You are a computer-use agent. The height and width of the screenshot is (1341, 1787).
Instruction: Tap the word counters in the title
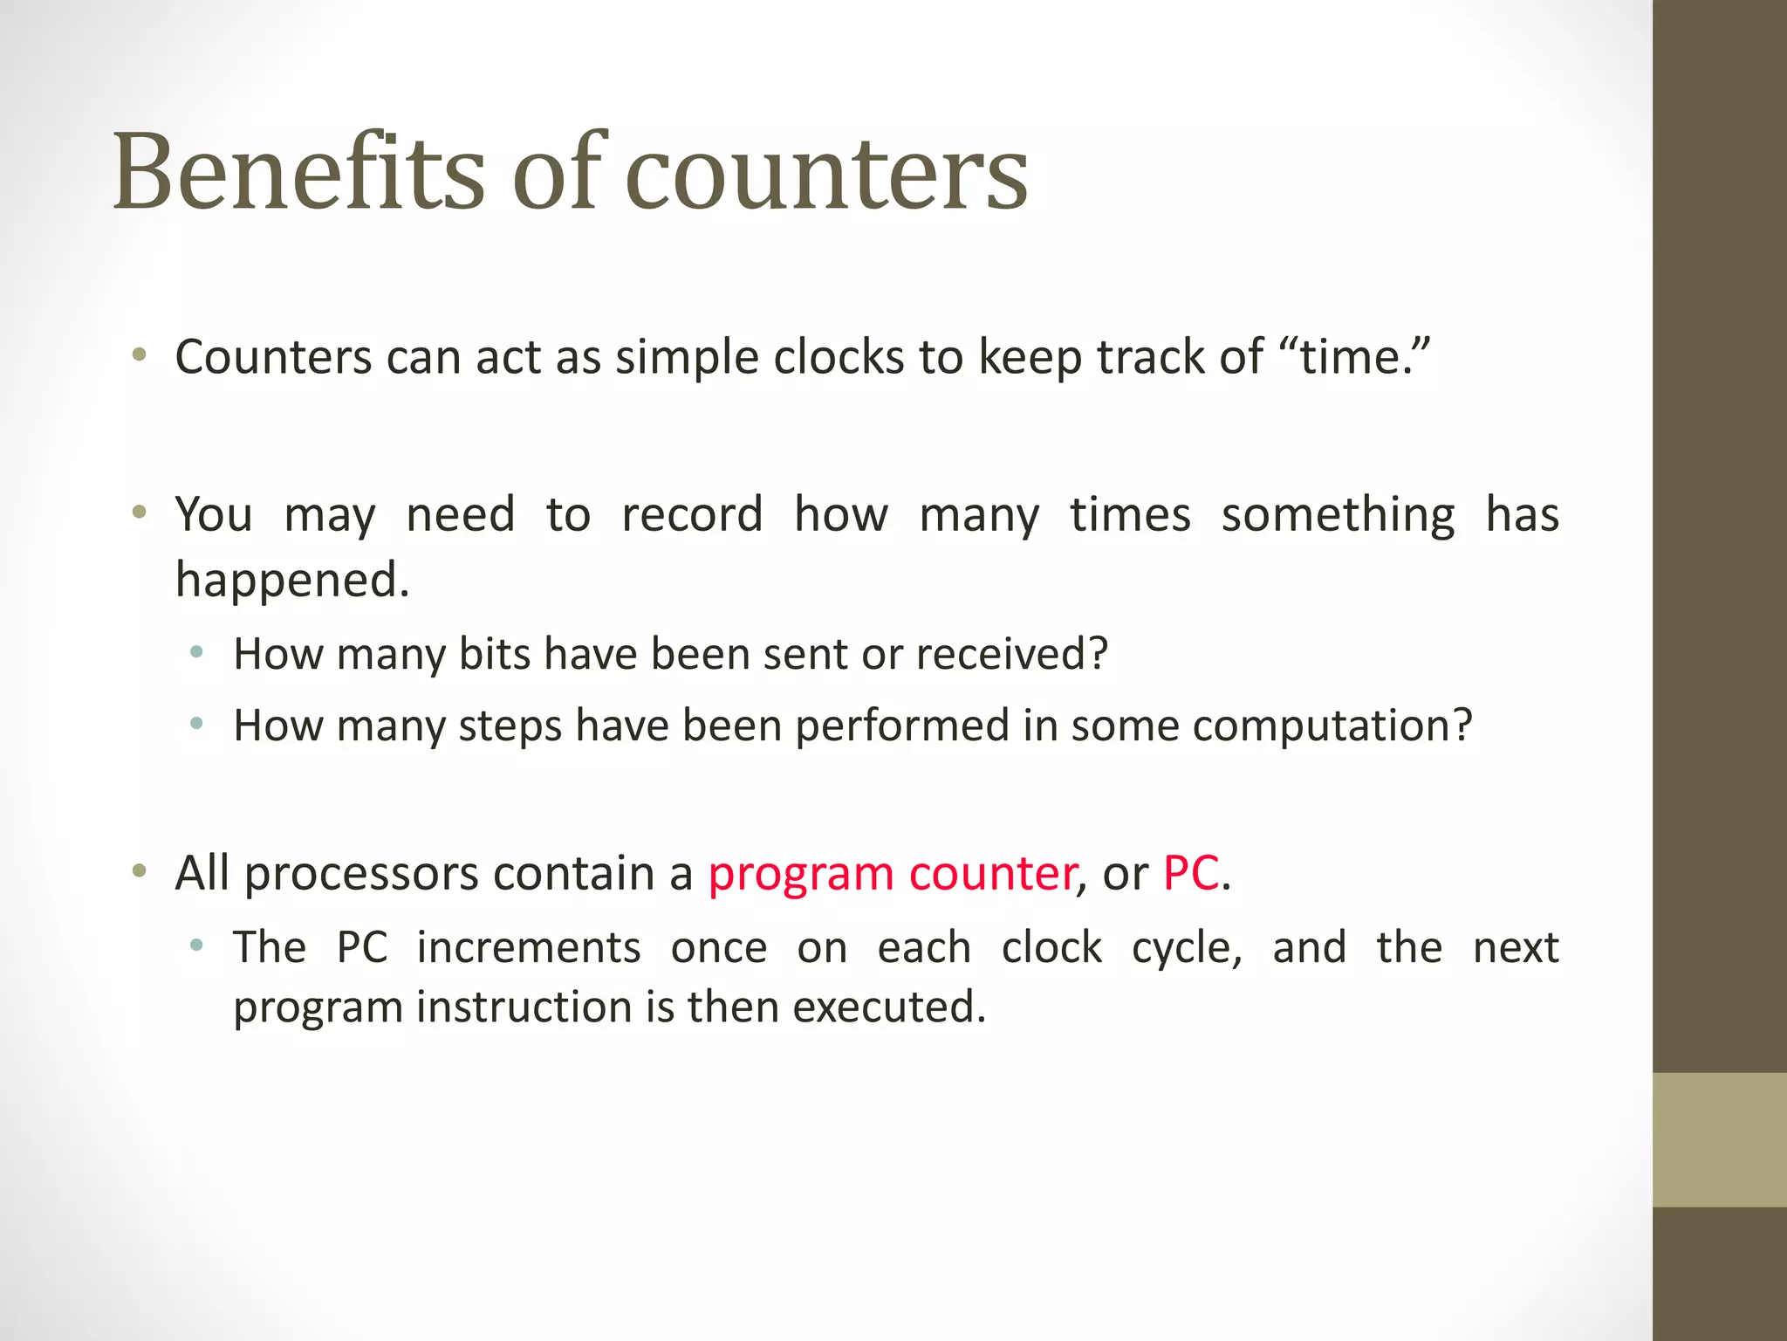pos(826,175)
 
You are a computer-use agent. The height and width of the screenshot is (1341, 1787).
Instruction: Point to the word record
pos(692,514)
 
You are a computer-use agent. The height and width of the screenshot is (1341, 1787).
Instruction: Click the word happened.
pos(291,580)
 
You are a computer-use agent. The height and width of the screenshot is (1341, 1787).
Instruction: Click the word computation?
pos(1332,726)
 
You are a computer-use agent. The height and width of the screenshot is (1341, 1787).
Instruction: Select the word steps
pos(510,726)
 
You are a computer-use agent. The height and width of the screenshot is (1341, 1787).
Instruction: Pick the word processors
pos(361,873)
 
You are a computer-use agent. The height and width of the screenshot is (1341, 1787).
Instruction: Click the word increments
pos(529,948)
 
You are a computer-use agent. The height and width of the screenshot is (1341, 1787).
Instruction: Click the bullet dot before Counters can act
pos(139,355)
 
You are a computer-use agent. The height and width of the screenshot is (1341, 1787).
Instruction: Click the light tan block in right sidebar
pos(1719,1139)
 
